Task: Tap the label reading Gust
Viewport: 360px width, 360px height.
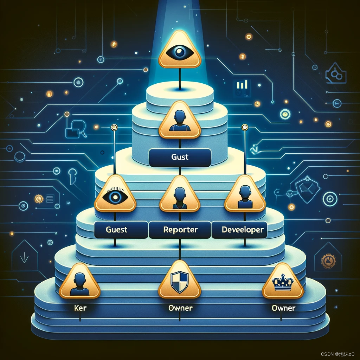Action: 180,157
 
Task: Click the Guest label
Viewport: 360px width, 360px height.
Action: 116,230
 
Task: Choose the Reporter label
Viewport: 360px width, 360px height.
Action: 180,230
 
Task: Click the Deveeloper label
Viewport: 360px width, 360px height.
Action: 243,230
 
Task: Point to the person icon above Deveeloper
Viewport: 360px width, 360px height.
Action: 244,196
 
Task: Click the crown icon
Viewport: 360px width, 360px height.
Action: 283,283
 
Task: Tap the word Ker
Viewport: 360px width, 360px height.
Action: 80,308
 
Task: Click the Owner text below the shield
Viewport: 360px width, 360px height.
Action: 180,308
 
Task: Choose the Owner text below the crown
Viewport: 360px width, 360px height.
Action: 283,308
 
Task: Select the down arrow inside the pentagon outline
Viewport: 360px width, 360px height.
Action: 24,258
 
